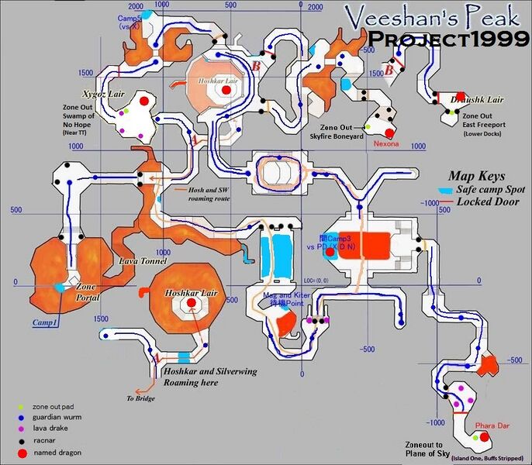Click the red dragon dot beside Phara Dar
click(x=485, y=437)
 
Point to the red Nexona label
click(x=385, y=144)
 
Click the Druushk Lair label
click(x=478, y=100)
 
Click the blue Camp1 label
click(x=45, y=321)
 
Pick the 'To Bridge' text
click(x=141, y=398)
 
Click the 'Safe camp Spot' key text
click(x=492, y=189)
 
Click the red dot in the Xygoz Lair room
click(x=143, y=102)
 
